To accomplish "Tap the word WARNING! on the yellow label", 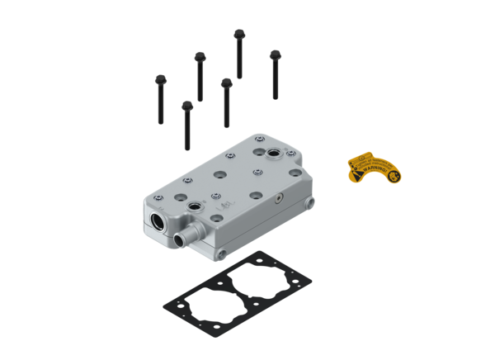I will tap(381, 174).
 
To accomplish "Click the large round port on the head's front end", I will tap(158, 222).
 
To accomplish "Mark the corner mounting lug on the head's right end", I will tap(309, 203).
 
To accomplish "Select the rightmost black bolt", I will tap(275, 74).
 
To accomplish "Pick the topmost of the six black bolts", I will tap(238, 54).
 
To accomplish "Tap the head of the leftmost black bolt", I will tap(159, 79).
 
